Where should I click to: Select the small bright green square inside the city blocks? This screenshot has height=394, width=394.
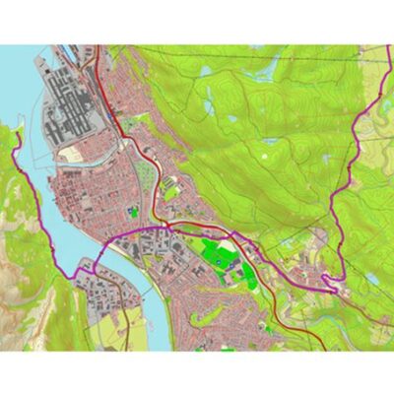click(134, 211)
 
